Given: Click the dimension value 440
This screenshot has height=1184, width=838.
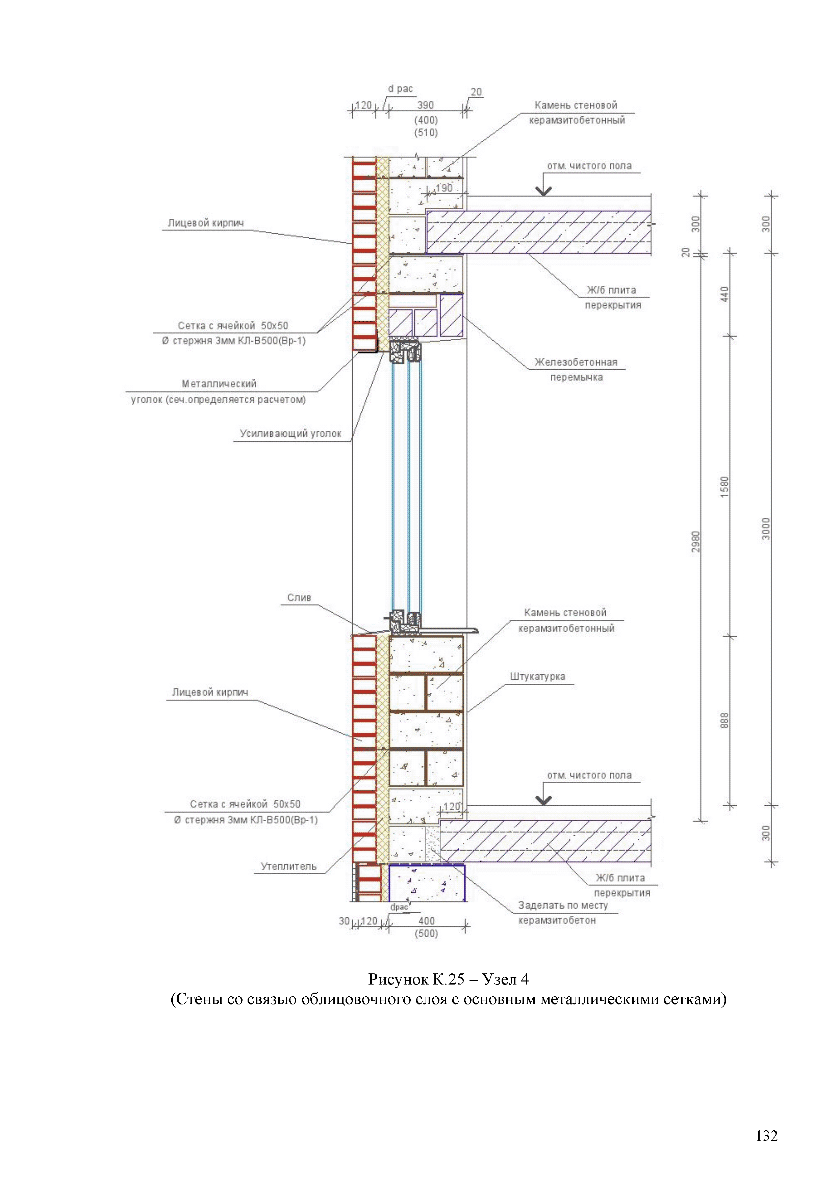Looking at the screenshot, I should click(x=725, y=294).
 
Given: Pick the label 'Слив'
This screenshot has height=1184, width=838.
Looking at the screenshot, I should click(x=299, y=598).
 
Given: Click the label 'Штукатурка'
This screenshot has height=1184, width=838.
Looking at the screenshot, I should click(x=538, y=677).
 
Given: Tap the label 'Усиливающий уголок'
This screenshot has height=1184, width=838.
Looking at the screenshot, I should click(x=290, y=434).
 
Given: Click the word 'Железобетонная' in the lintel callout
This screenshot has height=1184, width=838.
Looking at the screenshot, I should click(x=576, y=362).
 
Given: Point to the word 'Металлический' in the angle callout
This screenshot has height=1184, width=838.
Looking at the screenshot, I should click(x=219, y=384).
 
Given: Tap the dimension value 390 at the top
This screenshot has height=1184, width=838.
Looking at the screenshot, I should click(x=425, y=105).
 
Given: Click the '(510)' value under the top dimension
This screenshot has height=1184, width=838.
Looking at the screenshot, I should click(x=426, y=133).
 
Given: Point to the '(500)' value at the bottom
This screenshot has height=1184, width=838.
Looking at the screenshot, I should click(x=426, y=934).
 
